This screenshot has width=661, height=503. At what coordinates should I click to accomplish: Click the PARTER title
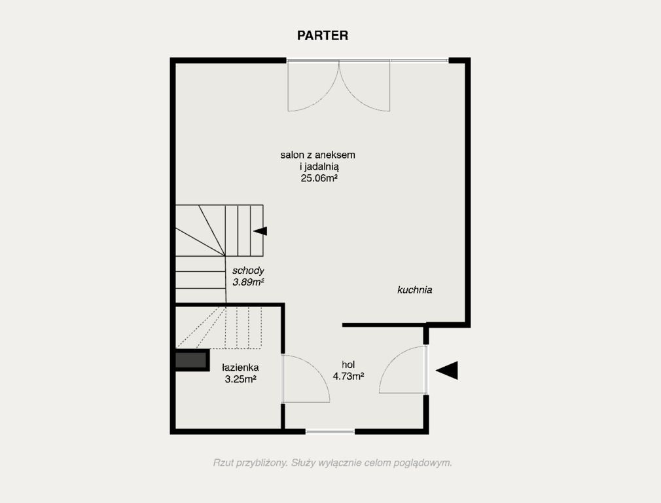pos(323,35)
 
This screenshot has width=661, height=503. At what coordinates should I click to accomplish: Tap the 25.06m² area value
pos(319,178)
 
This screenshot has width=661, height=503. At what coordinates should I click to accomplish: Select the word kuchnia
pos(415,290)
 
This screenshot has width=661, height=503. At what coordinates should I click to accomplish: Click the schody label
pos(248,270)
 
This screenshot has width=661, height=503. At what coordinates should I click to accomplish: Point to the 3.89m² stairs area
pos(248,282)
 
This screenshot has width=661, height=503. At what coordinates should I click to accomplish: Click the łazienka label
pos(240,367)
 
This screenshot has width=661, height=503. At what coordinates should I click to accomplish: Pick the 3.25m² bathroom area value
pos(241,379)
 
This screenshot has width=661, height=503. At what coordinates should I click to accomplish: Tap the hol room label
pos(348,365)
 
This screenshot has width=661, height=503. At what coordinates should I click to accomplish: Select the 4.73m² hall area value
pos(349,376)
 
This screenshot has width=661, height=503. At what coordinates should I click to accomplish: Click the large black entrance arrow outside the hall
pos(447,371)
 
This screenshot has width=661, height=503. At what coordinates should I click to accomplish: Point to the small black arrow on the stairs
pos(260,231)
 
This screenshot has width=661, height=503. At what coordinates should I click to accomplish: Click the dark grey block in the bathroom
pos(192,360)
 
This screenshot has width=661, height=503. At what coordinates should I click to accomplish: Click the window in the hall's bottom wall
pos(330,432)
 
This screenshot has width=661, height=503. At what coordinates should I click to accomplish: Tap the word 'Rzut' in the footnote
pos(222,463)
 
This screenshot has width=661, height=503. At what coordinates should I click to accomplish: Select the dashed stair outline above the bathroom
pos(219,328)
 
